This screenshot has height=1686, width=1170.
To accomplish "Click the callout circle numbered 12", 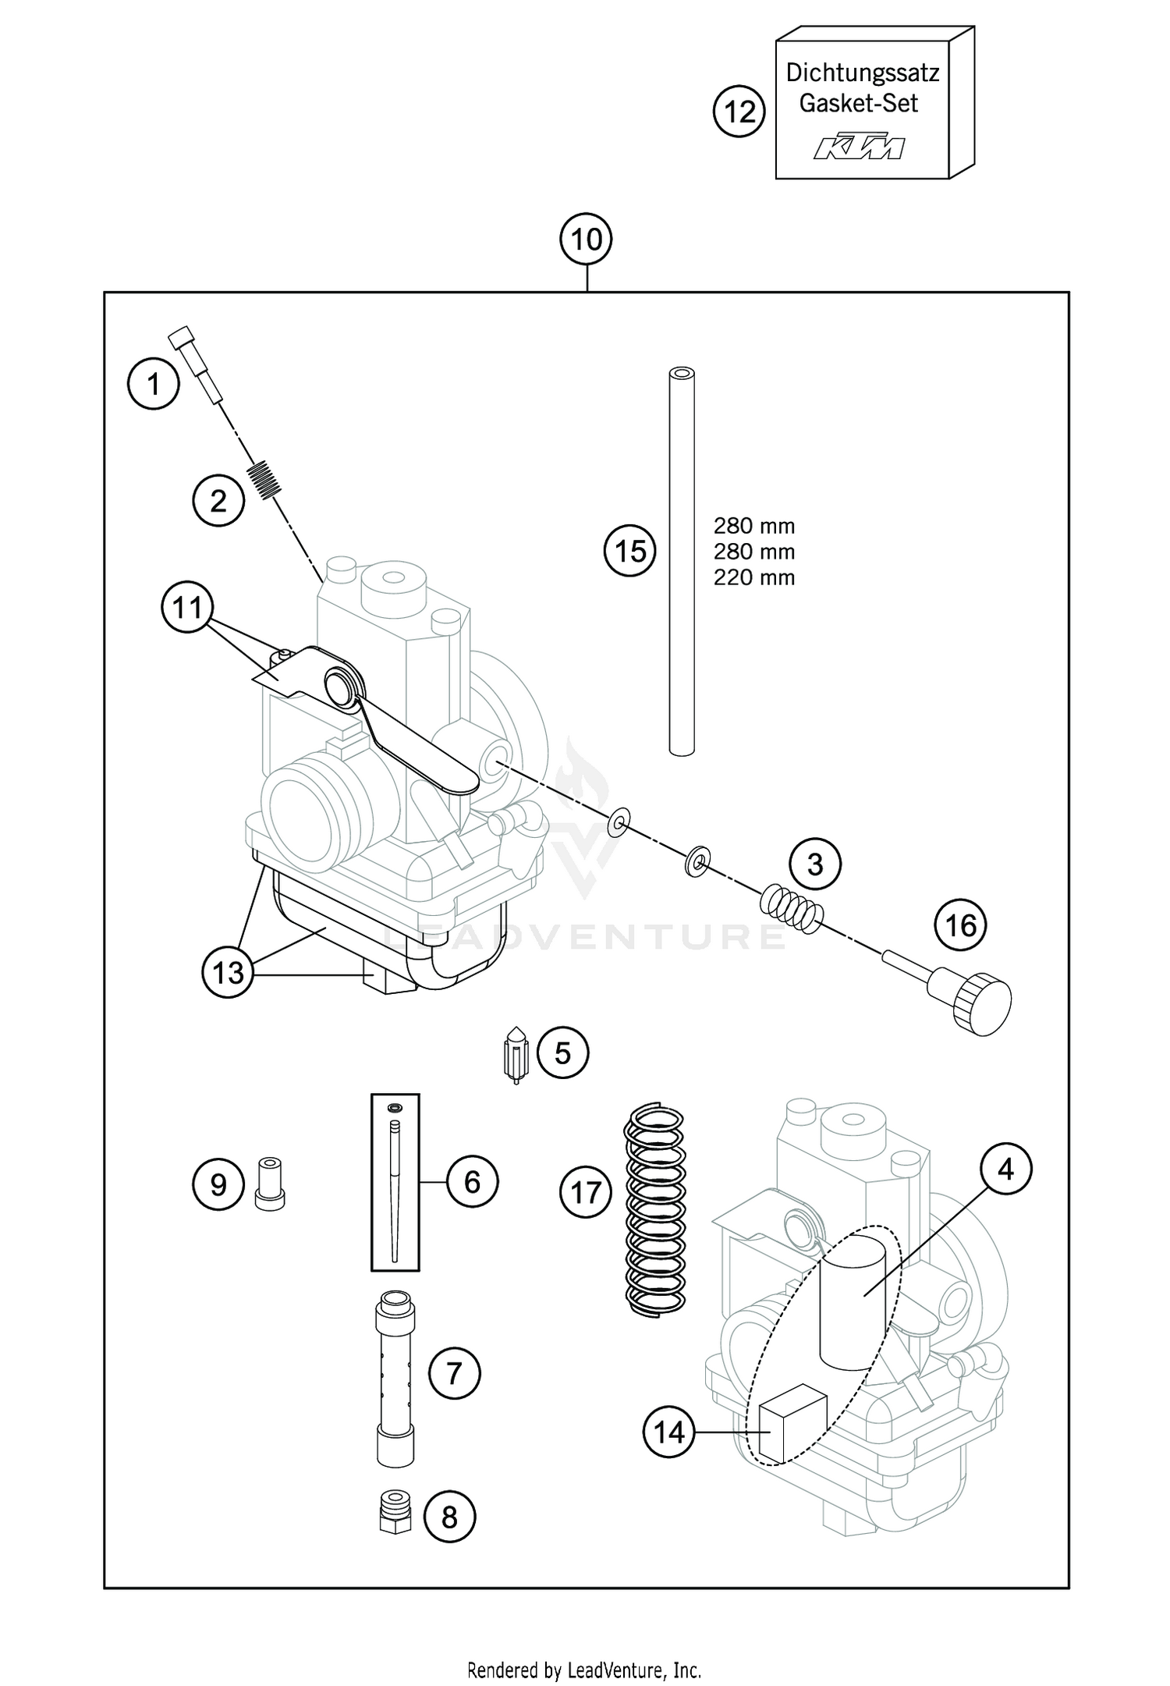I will click(739, 112).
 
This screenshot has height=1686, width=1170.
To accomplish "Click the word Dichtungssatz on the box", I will click(862, 73).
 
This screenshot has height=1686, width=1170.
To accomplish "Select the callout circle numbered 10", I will click(587, 239).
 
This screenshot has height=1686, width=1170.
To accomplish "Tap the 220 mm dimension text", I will click(753, 578).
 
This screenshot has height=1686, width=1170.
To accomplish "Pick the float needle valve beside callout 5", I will click(515, 1054).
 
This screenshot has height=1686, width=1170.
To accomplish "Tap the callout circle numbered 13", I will click(228, 972).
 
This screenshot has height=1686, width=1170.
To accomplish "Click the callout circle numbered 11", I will click(187, 607).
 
